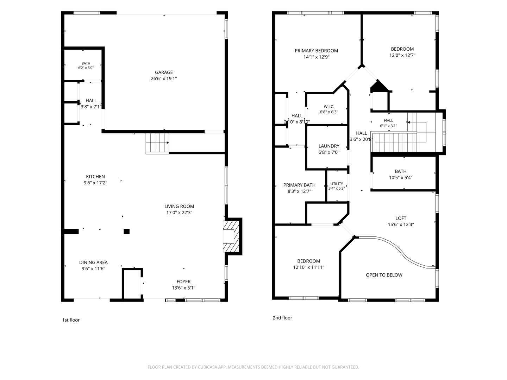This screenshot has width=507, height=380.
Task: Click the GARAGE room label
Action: [x=164, y=72]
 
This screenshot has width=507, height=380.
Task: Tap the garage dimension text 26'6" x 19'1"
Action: [x=164, y=78]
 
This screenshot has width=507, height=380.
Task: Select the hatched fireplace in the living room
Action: [x=231, y=236]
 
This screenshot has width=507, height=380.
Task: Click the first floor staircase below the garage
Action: [x=157, y=144]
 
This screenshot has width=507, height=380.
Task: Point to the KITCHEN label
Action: [x=95, y=177]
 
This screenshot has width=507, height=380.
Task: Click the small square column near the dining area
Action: [x=127, y=231]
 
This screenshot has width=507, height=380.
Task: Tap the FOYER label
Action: [x=184, y=281]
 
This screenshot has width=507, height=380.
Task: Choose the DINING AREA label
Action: [x=93, y=262]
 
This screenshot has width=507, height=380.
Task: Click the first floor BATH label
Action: [x=86, y=63]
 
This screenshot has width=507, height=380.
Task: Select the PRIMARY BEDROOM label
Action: [x=317, y=51]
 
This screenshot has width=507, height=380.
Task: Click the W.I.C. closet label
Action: [x=329, y=107]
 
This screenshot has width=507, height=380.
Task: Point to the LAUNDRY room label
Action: [x=329, y=146]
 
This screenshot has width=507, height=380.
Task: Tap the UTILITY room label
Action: [x=337, y=184]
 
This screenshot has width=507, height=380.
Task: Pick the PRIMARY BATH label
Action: [x=299, y=185]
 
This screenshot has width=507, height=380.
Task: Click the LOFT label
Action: [x=401, y=218]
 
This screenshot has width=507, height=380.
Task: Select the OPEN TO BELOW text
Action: [x=384, y=275]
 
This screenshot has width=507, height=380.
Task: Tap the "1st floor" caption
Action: [x=71, y=320]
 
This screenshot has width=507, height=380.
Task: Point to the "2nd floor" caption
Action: [x=282, y=318]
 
